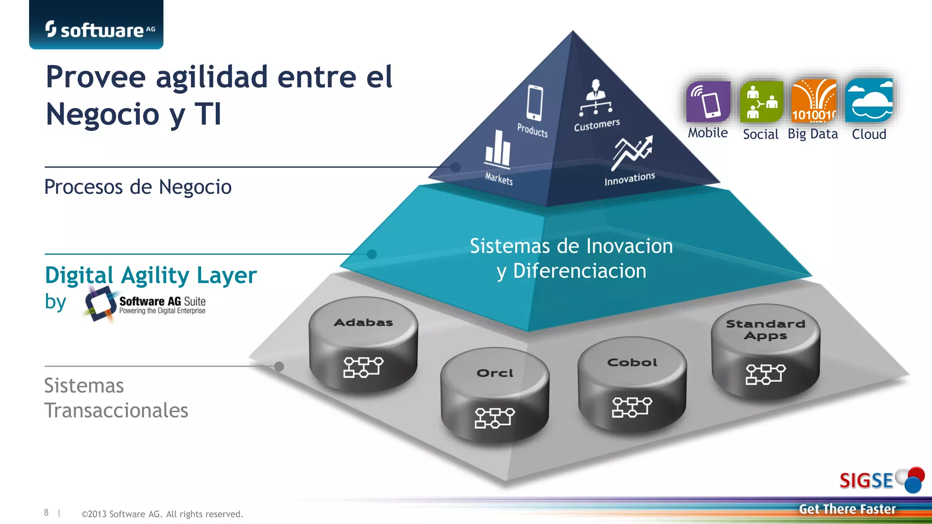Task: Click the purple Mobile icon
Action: pyautogui.click(x=708, y=102)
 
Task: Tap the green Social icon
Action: pyautogui.click(x=761, y=102)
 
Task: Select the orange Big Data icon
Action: pyautogui.click(x=814, y=101)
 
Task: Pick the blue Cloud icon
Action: pyautogui.click(x=869, y=101)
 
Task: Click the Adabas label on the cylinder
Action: pyautogui.click(x=363, y=322)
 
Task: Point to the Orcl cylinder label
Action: pyautogui.click(x=495, y=373)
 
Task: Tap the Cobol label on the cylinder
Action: pyautogui.click(x=632, y=363)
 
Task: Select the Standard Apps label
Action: pyautogui.click(x=765, y=330)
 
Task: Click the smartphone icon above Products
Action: pyautogui.click(x=534, y=103)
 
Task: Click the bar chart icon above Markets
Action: pyautogui.click(x=498, y=148)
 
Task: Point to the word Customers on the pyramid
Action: pyautogui.click(x=597, y=125)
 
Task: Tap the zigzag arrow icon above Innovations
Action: pyautogui.click(x=633, y=151)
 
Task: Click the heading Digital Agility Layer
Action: pyautogui.click(x=151, y=275)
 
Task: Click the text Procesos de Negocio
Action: pyautogui.click(x=138, y=187)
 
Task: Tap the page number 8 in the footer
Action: pyautogui.click(x=46, y=513)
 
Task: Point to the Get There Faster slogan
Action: pyautogui.click(x=847, y=509)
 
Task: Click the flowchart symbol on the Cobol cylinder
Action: pyautogui.click(x=632, y=407)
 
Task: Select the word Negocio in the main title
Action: pyautogui.click(x=102, y=114)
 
